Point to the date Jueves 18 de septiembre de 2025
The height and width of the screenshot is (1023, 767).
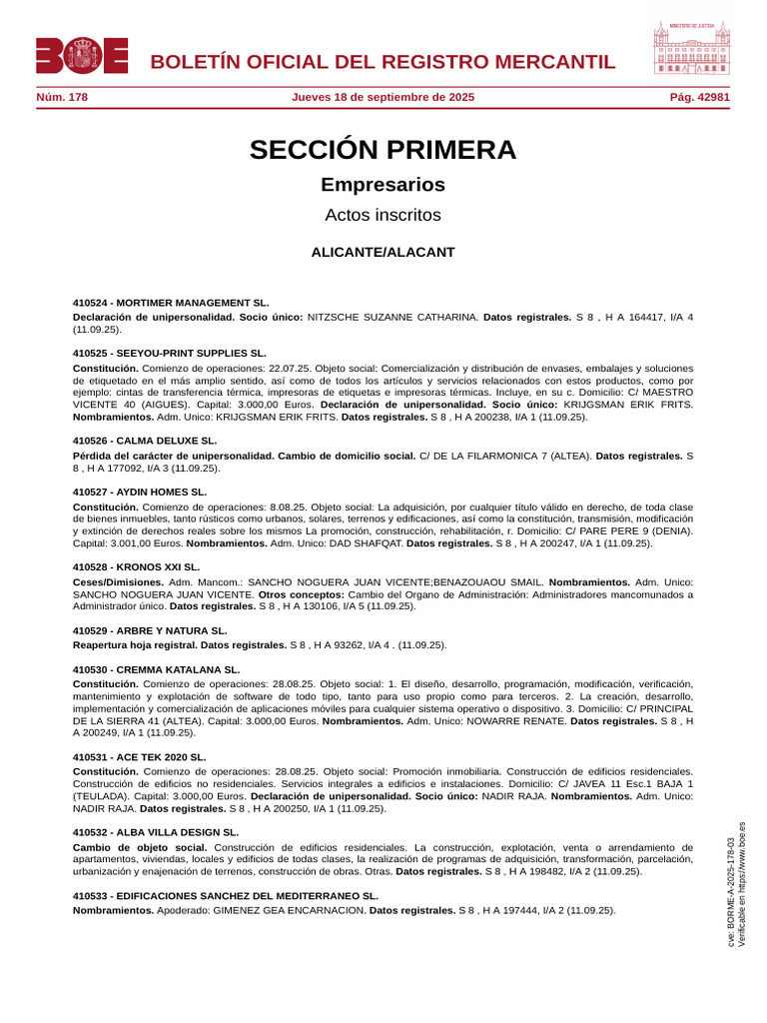click(x=383, y=97)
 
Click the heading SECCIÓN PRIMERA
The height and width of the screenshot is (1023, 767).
click(x=383, y=150)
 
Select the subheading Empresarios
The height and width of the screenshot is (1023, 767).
click(x=383, y=185)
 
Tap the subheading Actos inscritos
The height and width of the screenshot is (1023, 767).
click(x=383, y=215)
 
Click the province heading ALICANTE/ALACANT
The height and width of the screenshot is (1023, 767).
click(x=383, y=252)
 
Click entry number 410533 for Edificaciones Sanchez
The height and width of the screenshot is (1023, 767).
click(x=93, y=896)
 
